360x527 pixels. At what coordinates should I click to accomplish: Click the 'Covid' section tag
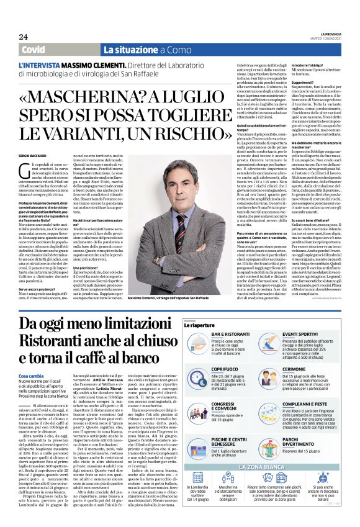click(x=34, y=50)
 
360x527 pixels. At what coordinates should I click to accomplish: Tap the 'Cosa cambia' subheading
click(x=32, y=376)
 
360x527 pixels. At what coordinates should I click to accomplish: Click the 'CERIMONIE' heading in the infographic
click(x=313, y=368)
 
